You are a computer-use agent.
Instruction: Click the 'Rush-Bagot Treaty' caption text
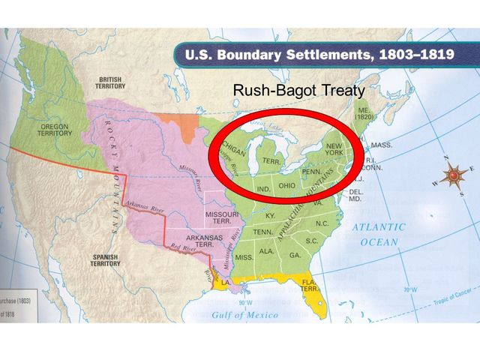point(298,91)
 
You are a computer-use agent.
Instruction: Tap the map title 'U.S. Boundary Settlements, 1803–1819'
point(325,55)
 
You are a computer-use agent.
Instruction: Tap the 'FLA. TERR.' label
point(308,285)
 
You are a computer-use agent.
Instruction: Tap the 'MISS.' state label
point(244,257)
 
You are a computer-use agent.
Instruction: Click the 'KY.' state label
point(271,216)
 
